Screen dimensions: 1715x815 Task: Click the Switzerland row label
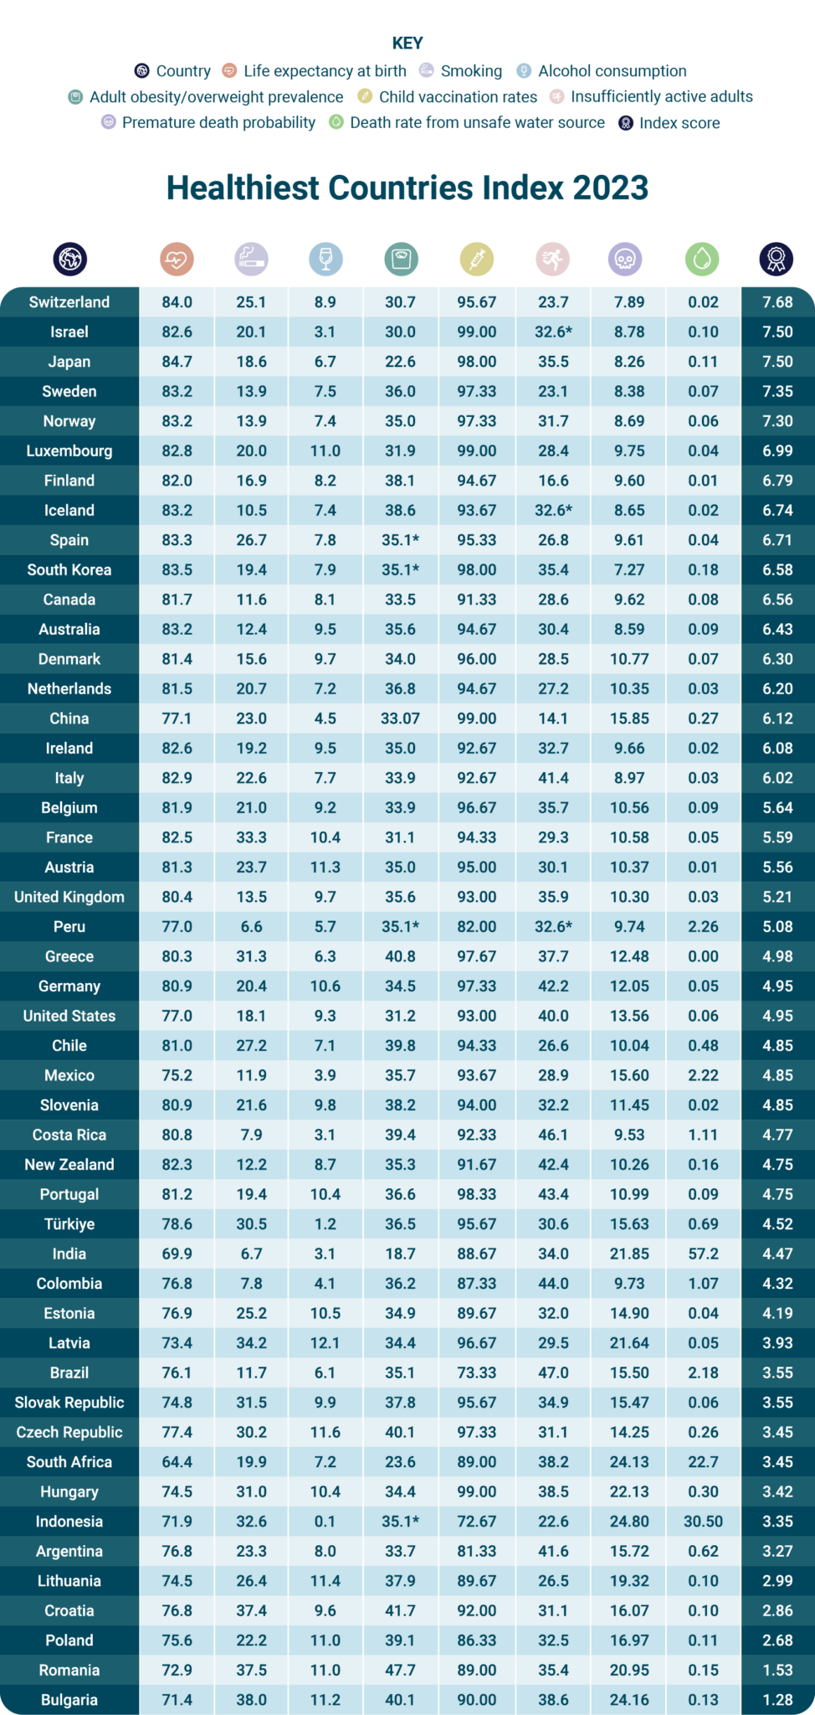coord(69,302)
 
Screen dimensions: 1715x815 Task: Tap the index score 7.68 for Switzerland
coord(777,302)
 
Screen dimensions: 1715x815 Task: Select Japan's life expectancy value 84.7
coord(177,362)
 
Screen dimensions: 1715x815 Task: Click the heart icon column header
coord(177,260)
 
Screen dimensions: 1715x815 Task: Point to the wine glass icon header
coord(325,260)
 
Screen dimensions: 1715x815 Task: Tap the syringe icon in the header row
coord(477,260)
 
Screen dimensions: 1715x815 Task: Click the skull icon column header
coord(624,260)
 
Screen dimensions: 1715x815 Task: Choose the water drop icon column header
coord(702,260)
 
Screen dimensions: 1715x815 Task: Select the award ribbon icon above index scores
coord(776,260)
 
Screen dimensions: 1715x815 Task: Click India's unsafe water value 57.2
coord(703,1254)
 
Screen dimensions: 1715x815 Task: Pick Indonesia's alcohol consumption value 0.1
coord(325,1522)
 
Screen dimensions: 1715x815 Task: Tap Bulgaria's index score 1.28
coord(777,1700)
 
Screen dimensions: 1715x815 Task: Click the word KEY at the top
coord(407,43)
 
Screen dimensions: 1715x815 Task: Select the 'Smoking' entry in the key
coord(471,71)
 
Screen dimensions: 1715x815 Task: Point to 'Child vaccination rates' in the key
coord(457,97)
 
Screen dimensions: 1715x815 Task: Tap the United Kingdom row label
coord(69,897)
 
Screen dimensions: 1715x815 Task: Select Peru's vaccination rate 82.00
coord(476,927)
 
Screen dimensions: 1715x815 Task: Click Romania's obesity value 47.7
coord(400,1670)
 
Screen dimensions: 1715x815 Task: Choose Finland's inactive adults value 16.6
coord(553,481)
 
